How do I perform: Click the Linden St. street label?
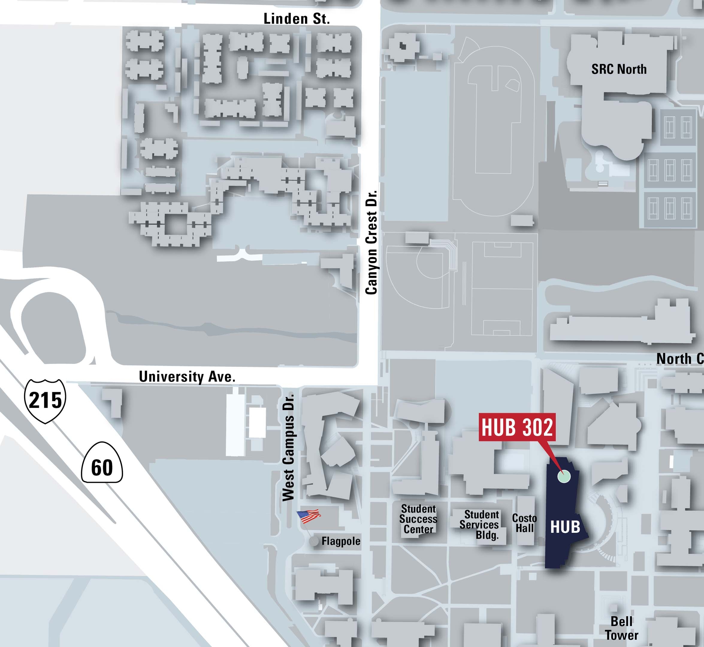tap(297, 19)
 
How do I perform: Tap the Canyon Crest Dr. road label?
tap(371, 242)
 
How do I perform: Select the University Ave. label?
tap(187, 377)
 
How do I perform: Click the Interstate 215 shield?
tap(45, 400)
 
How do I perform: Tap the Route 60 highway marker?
tap(102, 467)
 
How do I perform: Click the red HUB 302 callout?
tap(517, 427)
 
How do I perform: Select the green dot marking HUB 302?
tap(563, 476)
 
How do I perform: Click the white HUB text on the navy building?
tap(565, 527)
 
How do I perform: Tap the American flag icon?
tap(309, 516)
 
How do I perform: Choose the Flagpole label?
tap(341, 541)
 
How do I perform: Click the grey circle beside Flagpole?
tap(314, 541)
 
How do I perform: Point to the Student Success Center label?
tap(418, 519)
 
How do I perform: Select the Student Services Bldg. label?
tap(480, 524)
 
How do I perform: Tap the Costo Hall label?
tap(524, 523)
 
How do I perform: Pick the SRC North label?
tap(619, 69)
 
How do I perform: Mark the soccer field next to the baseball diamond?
tap(502, 289)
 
